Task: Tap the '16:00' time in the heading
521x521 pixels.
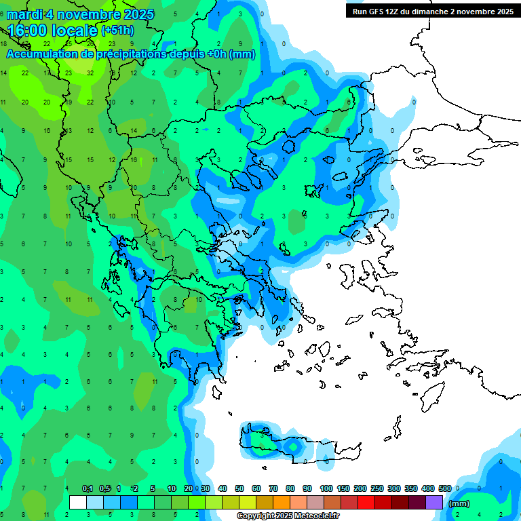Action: click(x=30, y=31)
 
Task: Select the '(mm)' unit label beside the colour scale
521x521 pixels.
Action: click(x=459, y=503)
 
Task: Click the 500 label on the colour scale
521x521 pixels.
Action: click(x=445, y=488)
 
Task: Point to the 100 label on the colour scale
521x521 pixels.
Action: click(x=326, y=488)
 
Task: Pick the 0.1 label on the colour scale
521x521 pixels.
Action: click(x=88, y=488)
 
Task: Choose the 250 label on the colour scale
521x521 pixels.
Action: click(x=377, y=488)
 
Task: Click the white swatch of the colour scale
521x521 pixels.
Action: click(x=78, y=503)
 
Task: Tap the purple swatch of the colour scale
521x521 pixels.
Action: click(x=435, y=503)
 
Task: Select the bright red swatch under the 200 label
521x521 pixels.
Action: click(x=366, y=503)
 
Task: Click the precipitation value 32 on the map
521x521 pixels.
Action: click(x=90, y=73)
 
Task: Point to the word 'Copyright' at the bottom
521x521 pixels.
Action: click(x=256, y=516)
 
